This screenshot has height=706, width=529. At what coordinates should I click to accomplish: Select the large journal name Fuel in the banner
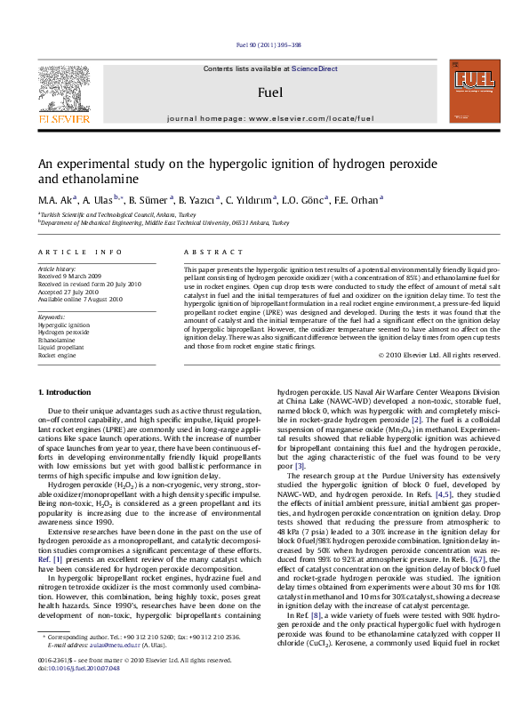[x=264, y=92]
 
